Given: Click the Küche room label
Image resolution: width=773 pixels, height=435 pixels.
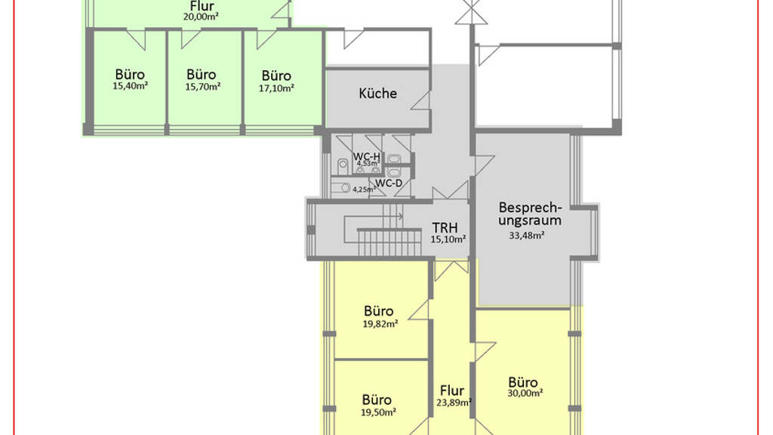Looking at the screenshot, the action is pyautogui.click(x=377, y=93).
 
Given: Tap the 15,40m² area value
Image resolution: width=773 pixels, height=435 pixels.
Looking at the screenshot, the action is pyautogui.click(x=131, y=86).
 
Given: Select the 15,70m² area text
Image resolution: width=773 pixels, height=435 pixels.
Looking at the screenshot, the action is pyautogui.click(x=202, y=87).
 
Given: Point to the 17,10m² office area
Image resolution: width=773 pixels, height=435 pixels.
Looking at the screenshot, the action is pyautogui.click(x=276, y=88).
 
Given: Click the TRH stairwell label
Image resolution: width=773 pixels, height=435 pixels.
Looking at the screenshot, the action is pyautogui.click(x=445, y=228).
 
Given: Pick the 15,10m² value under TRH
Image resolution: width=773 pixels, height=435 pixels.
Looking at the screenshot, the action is pyautogui.click(x=448, y=239).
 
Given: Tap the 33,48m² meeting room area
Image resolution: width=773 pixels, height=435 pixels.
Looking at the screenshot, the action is pyautogui.click(x=526, y=236).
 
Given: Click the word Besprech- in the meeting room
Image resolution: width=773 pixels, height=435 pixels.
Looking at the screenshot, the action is pyautogui.click(x=530, y=207).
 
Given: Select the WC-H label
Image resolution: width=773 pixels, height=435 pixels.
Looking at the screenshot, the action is pyautogui.click(x=366, y=156).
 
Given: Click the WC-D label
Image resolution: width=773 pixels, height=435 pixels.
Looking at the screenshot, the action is pyautogui.click(x=389, y=184).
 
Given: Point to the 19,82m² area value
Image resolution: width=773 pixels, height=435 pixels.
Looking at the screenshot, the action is pyautogui.click(x=380, y=324).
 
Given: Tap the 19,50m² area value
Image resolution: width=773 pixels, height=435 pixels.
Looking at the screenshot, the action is pyautogui.click(x=379, y=412).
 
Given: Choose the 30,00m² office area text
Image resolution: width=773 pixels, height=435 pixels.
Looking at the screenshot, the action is pyautogui.click(x=525, y=393).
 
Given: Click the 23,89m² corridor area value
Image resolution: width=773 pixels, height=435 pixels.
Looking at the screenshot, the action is pyautogui.click(x=454, y=402).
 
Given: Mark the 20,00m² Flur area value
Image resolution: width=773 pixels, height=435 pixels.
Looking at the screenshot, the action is pyautogui.click(x=201, y=17).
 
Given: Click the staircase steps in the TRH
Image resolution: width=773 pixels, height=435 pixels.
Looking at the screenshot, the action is pyautogui.click(x=390, y=242).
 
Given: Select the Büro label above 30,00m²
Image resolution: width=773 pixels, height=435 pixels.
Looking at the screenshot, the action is pyautogui.click(x=523, y=382).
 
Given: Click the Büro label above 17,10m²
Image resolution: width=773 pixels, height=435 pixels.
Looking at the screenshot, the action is pyautogui.click(x=276, y=76).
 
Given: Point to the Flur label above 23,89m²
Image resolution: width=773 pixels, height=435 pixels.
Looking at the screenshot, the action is pyautogui.click(x=452, y=390).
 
